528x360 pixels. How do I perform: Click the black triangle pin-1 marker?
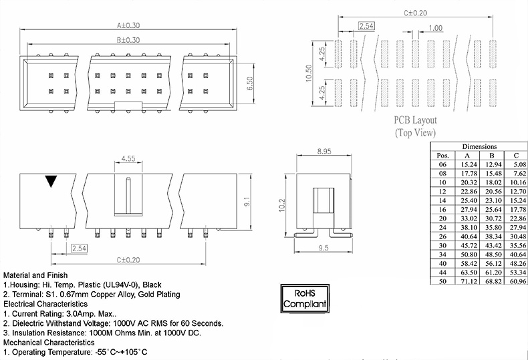click(51, 181)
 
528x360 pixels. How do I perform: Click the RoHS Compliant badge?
click(305, 299)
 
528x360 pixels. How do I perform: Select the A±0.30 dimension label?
click(128, 25)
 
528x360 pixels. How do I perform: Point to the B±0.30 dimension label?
click(128, 40)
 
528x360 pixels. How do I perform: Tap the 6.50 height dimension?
click(249, 83)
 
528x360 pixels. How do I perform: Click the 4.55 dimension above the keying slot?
click(128, 158)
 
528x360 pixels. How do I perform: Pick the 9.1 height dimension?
click(247, 202)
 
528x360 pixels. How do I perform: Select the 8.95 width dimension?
click(324, 152)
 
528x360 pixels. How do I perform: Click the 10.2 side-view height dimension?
click(282, 205)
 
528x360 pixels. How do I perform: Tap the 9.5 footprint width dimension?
click(323, 248)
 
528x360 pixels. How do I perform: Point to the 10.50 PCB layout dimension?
click(309, 73)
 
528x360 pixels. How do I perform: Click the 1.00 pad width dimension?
click(435, 28)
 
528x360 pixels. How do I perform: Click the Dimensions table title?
click(479, 146)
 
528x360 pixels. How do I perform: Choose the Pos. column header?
click(443, 156)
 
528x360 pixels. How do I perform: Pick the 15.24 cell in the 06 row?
click(469, 164)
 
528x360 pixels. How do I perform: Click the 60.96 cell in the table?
click(518, 281)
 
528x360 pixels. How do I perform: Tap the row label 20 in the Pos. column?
click(442, 218)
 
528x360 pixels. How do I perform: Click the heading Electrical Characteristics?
click(45, 304)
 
